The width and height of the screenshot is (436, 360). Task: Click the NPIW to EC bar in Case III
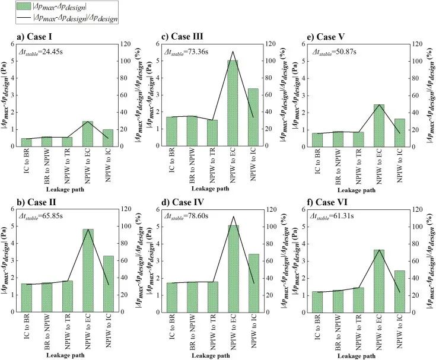[x=233, y=103]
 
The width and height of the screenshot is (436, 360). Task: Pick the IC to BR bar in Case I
[x=27, y=142]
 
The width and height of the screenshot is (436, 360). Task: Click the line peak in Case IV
[x=233, y=216]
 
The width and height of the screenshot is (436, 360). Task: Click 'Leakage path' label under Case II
[x=68, y=355]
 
